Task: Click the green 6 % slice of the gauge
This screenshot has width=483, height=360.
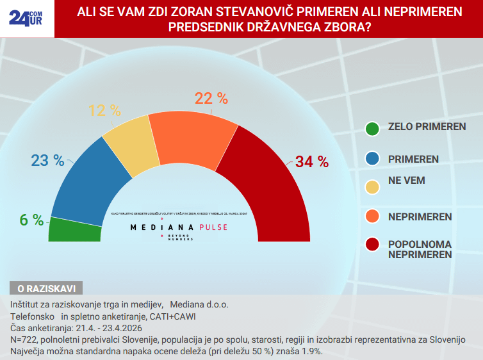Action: (x=75, y=230)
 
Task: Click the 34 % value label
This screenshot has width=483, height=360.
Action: (x=311, y=162)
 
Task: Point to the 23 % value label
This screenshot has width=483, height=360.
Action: (x=48, y=160)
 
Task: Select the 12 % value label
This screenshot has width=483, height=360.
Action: (x=104, y=111)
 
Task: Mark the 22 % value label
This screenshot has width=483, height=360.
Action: (x=211, y=98)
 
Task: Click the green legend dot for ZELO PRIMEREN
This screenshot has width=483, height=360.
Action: (x=372, y=127)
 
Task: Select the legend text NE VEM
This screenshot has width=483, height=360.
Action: (x=407, y=181)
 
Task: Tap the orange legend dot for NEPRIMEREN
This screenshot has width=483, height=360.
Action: (x=372, y=217)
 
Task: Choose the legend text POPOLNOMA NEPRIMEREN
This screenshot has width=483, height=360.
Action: (x=420, y=249)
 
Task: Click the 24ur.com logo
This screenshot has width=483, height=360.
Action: (x=26, y=18)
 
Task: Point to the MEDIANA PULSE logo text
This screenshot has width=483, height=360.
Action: (x=179, y=227)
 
